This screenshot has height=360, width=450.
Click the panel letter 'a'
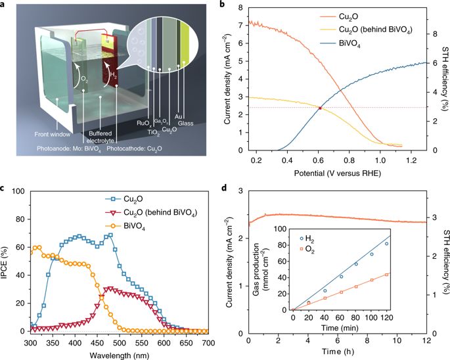pos(5,6)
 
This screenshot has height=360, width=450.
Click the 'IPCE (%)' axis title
pos(7,261)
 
